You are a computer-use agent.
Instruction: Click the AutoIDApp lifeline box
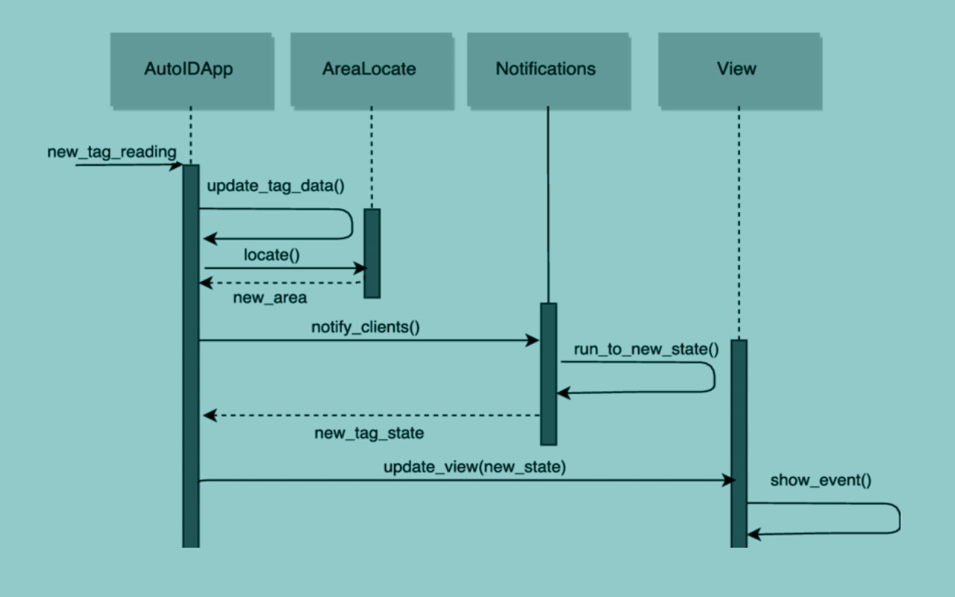click(190, 69)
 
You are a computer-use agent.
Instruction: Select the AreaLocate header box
click(369, 69)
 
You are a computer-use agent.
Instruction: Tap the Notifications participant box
click(546, 69)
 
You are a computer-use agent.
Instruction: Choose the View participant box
click(736, 69)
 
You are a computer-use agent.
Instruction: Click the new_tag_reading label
click(112, 152)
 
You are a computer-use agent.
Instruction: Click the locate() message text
click(272, 254)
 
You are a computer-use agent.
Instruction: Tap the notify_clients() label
click(365, 327)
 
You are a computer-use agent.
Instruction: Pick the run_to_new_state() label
click(646, 349)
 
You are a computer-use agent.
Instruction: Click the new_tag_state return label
click(369, 433)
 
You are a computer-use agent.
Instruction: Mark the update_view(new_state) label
click(475, 468)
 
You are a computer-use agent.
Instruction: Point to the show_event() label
click(821, 481)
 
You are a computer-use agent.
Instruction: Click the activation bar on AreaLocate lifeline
click(372, 253)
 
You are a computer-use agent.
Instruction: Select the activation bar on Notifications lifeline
click(548, 373)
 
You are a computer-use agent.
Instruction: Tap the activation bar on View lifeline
click(739, 440)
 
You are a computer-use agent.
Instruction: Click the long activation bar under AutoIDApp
click(191, 358)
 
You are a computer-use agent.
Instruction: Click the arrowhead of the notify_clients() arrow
click(533, 340)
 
